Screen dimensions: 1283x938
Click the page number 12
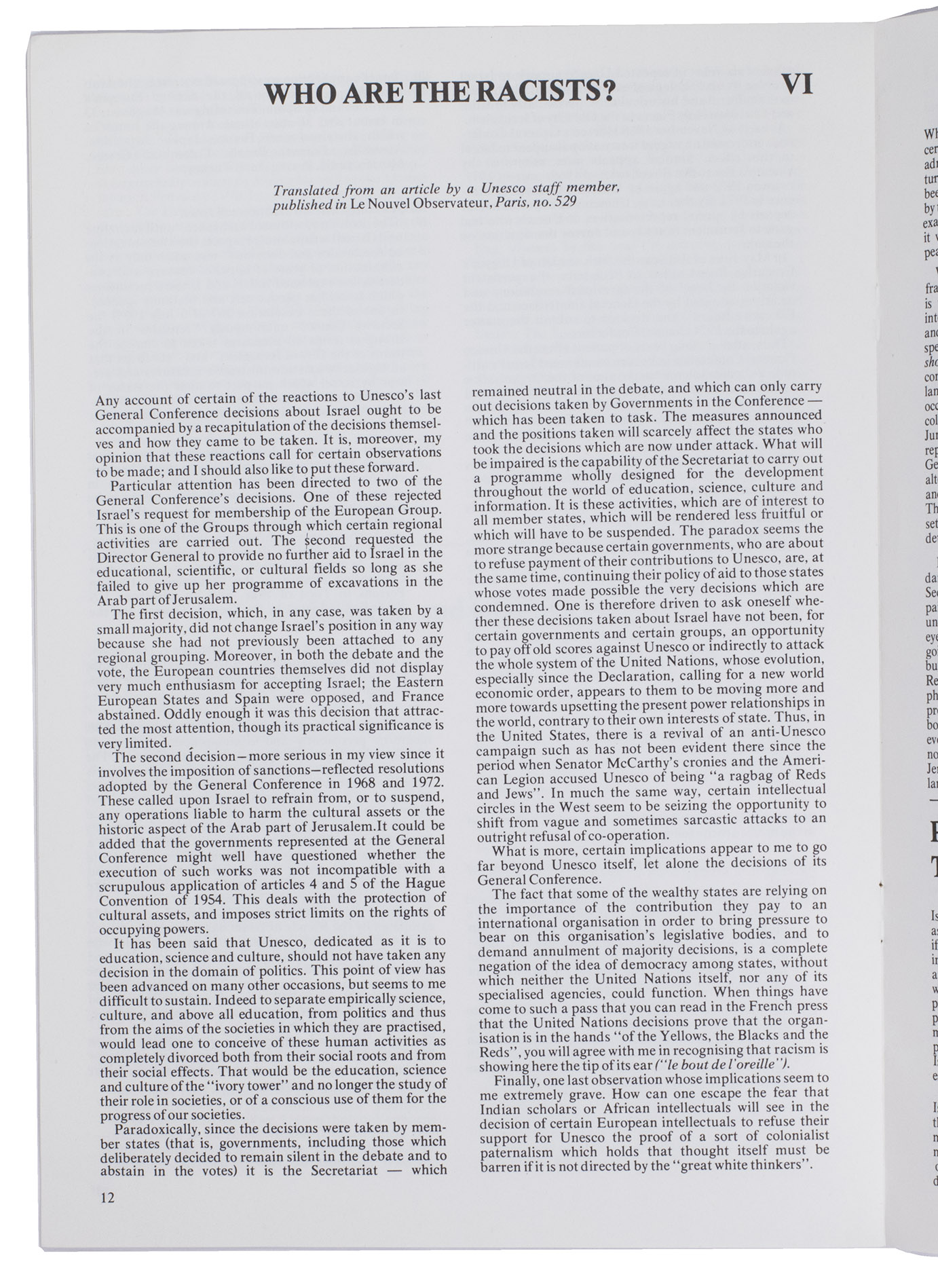pyautogui.click(x=107, y=1197)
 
